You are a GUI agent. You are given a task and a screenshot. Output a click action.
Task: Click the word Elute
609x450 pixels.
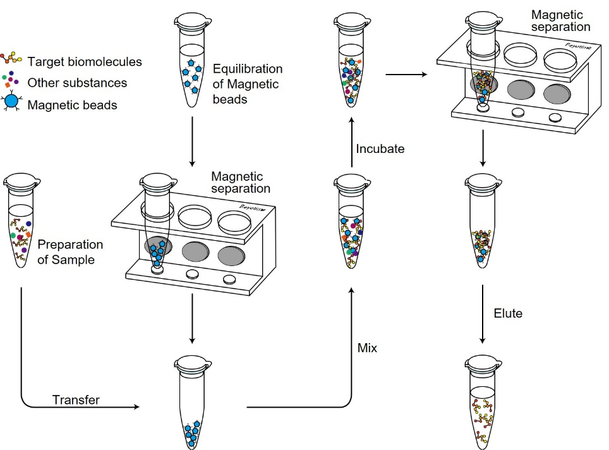pyautogui.click(x=509, y=313)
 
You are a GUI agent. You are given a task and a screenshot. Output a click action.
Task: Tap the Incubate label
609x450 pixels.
pyautogui.click(x=380, y=149)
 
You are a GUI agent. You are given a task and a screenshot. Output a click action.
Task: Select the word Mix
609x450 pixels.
pyautogui.click(x=367, y=348)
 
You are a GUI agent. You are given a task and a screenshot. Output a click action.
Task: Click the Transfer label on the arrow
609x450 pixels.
pyautogui.click(x=76, y=399)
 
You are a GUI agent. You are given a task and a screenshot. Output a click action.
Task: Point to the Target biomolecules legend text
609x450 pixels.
pyautogui.click(x=85, y=62)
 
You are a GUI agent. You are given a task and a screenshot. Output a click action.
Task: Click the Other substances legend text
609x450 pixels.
pyautogui.click(x=77, y=83)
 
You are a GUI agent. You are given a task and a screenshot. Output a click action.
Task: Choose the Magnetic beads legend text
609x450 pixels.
pyautogui.click(x=72, y=105)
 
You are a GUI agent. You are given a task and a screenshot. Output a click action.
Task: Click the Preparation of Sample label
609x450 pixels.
pyautogui.click(x=69, y=252)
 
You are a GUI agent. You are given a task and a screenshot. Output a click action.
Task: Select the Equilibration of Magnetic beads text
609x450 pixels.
pyautogui.click(x=248, y=84)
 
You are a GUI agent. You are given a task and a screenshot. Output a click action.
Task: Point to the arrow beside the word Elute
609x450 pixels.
pyautogui.click(x=483, y=313)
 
